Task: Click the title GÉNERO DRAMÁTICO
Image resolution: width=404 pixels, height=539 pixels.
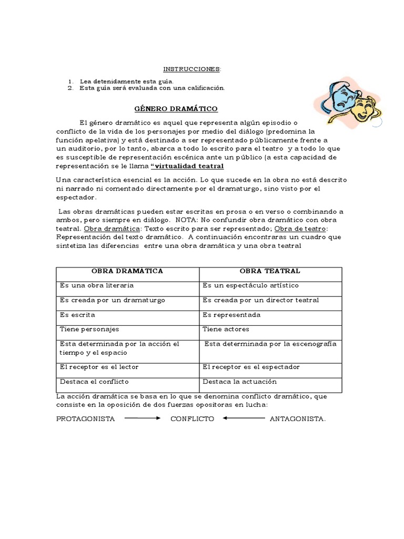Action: (176, 108)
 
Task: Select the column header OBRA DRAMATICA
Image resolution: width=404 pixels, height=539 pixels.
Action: (127, 271)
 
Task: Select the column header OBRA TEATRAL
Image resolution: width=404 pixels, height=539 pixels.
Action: (270, 271)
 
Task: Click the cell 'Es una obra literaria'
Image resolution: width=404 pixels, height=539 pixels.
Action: (97, 285)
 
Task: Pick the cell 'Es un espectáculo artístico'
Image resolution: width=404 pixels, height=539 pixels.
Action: (250, 285)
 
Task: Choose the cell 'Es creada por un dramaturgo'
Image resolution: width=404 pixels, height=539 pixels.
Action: (113, 300)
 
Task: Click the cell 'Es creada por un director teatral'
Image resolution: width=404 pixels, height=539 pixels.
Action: (260, 300)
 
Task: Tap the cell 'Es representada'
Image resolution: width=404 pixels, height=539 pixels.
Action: (231, 315)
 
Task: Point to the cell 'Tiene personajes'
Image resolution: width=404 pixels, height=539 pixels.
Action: (89, 329)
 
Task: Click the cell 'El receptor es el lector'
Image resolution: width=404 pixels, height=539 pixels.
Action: (99, 367)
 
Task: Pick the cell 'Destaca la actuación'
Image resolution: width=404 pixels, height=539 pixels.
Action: (239, 382)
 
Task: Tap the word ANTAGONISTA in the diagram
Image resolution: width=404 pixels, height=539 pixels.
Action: (298, 419)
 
